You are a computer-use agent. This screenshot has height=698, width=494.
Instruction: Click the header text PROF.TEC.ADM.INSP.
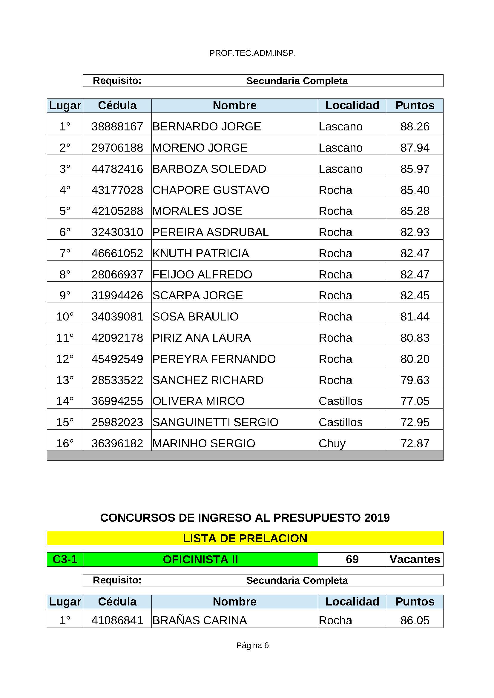pos(252,53)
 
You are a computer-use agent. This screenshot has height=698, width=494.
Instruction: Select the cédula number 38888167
pos(117,127)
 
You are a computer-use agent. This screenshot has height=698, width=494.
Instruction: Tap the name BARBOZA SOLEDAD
pos(209,169)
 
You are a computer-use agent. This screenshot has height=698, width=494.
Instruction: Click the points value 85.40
pos(415,190)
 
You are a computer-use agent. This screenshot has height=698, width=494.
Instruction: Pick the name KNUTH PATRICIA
pos(200,253)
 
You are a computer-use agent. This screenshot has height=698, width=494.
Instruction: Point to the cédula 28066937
pos(117,275)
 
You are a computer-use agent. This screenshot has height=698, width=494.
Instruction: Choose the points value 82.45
pos(415,295)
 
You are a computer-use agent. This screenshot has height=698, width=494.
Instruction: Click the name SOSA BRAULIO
pos(195,317)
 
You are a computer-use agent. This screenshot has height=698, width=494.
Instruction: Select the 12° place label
pos(65,359)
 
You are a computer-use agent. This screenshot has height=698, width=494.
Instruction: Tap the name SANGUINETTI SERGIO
pos(215,422)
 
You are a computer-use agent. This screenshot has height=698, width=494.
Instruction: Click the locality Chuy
pos(332,443)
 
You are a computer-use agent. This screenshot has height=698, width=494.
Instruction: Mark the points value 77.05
pos(415,401)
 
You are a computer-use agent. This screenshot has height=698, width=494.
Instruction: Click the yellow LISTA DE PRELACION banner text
pos(245,538)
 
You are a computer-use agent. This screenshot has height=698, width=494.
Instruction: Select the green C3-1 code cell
pos(65,559)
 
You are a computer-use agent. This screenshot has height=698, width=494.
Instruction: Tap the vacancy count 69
pos(352,559)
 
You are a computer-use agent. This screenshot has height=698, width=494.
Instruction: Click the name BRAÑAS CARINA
pos(200,620)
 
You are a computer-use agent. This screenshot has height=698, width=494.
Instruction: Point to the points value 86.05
pos(415,620)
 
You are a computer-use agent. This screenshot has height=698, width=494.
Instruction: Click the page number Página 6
pos(252,645)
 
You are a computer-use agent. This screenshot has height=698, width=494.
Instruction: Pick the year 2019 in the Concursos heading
pos(376,518)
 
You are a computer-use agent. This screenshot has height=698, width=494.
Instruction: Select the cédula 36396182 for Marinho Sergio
pos(117,443)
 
